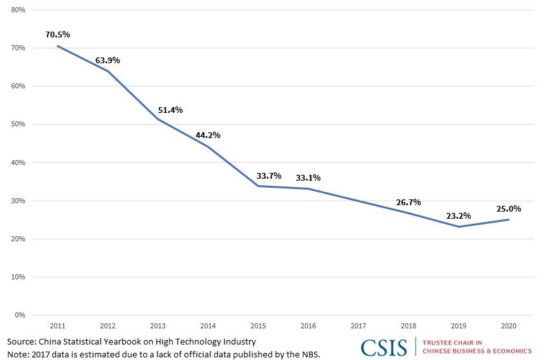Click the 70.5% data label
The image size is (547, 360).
[57, 34]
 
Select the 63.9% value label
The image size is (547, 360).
[107, 60]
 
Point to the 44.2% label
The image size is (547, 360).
[208, 135]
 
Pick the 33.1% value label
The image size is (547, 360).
[308, 177]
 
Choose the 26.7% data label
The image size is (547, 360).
[408, 202]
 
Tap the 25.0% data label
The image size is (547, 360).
[508, 208]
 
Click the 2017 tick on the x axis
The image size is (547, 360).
[359, 325]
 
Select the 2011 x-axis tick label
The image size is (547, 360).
[57, 325]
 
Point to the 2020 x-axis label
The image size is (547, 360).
[509, 325]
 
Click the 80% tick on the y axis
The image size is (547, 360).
[17, 10]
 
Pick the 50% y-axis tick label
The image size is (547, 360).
[17, 125]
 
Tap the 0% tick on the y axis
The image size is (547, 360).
[19, 315]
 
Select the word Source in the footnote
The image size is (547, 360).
[21, 341]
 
